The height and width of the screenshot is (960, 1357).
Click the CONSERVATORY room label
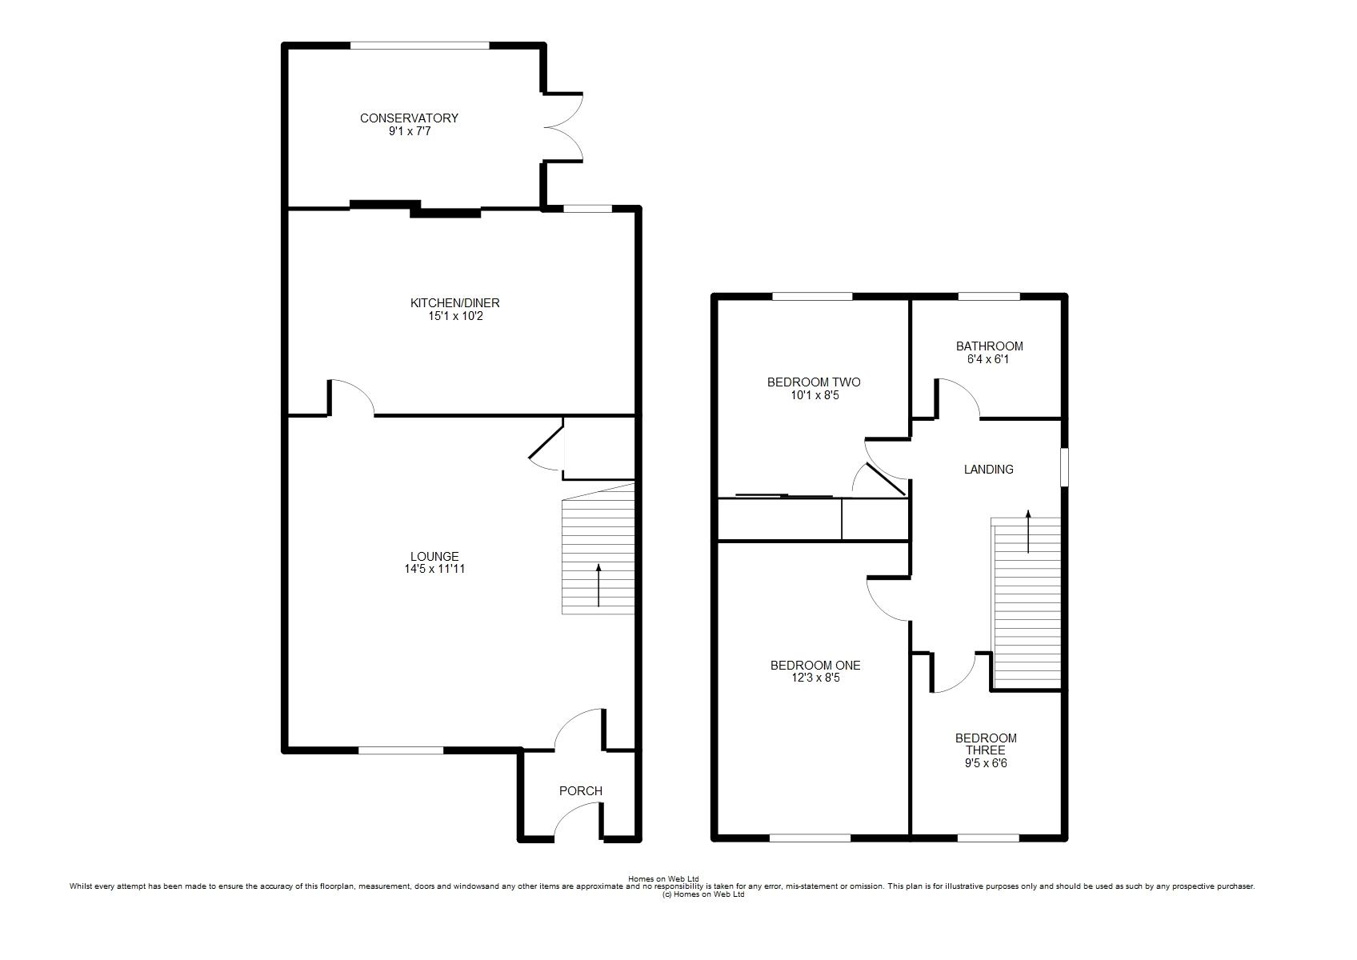click(409, 118)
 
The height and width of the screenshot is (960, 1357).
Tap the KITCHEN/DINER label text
click(455, 303)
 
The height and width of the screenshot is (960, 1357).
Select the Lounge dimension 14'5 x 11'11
click(434, 570)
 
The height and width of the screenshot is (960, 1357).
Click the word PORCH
click(580, 791)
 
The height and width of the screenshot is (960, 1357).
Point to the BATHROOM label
click(989, 346)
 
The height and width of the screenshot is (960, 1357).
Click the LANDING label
click(989, 470)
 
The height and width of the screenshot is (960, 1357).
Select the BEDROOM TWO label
click(814, 382)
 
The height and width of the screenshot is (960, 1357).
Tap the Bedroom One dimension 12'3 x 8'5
click(815, 678)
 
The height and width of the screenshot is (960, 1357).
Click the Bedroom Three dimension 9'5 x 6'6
click(986, 763)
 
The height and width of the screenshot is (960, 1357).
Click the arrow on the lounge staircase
click(598, 585)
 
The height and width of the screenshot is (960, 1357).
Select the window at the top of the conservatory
click(420, 46)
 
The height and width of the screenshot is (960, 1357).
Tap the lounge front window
click(400, 750)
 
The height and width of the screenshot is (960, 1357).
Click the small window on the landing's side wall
click(1064, 466)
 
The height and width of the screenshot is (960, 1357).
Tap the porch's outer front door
click(578, 822)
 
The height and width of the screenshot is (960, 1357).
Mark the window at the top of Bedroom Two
click(812, 297)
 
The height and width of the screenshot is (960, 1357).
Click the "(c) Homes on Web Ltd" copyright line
click(703, 894)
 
